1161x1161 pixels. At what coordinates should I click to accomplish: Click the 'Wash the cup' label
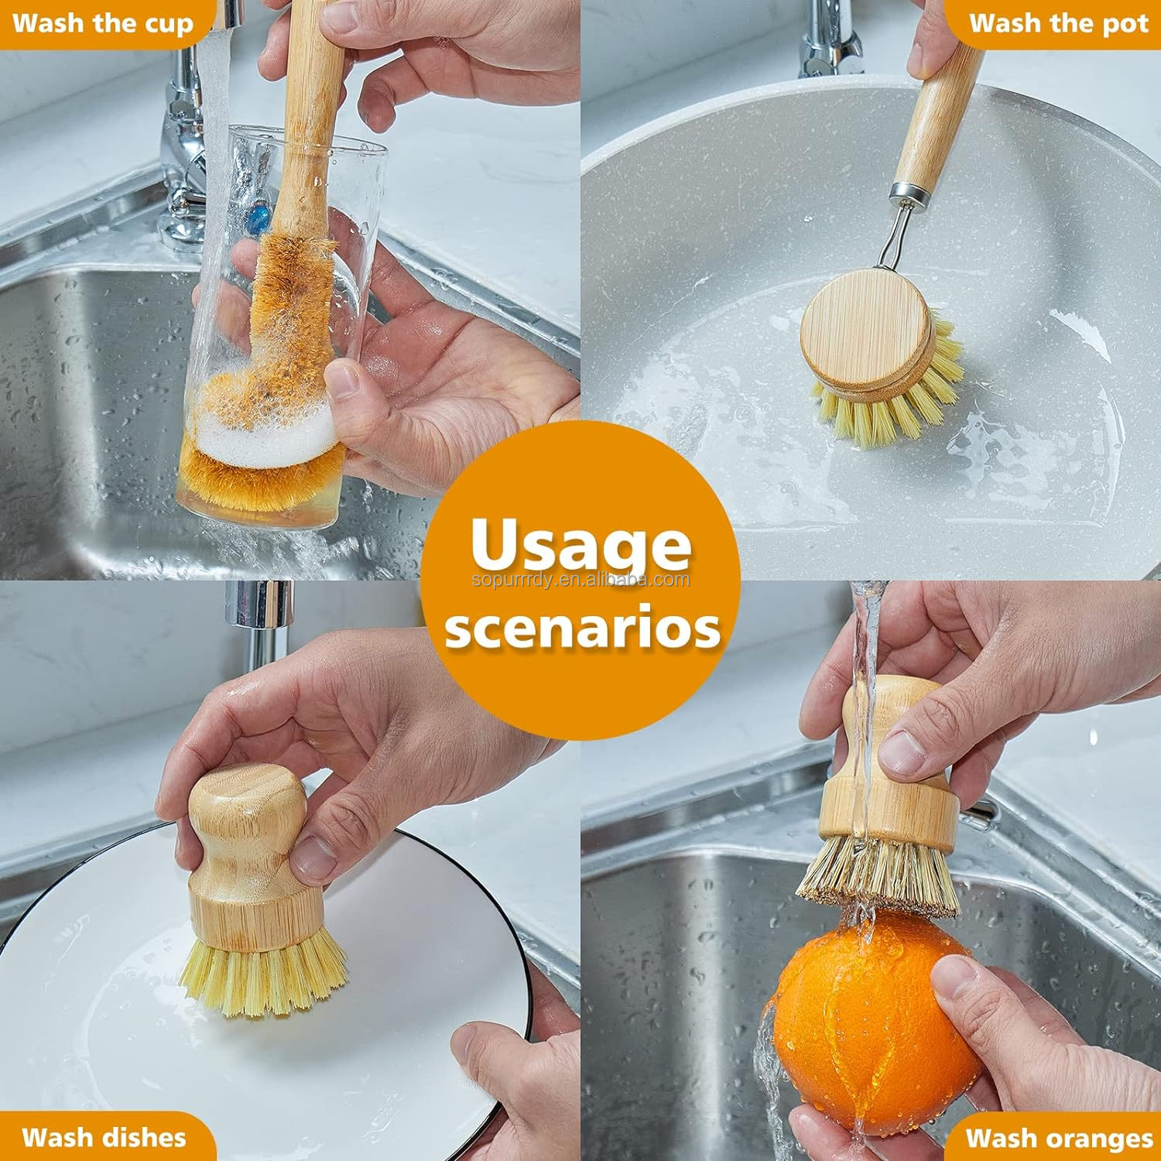point(102,23)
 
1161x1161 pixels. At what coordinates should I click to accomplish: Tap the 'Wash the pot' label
point(1058,23)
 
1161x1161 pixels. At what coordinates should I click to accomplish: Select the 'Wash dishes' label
point(104,1137)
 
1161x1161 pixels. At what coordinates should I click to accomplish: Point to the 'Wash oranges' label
point(1059,1139)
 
